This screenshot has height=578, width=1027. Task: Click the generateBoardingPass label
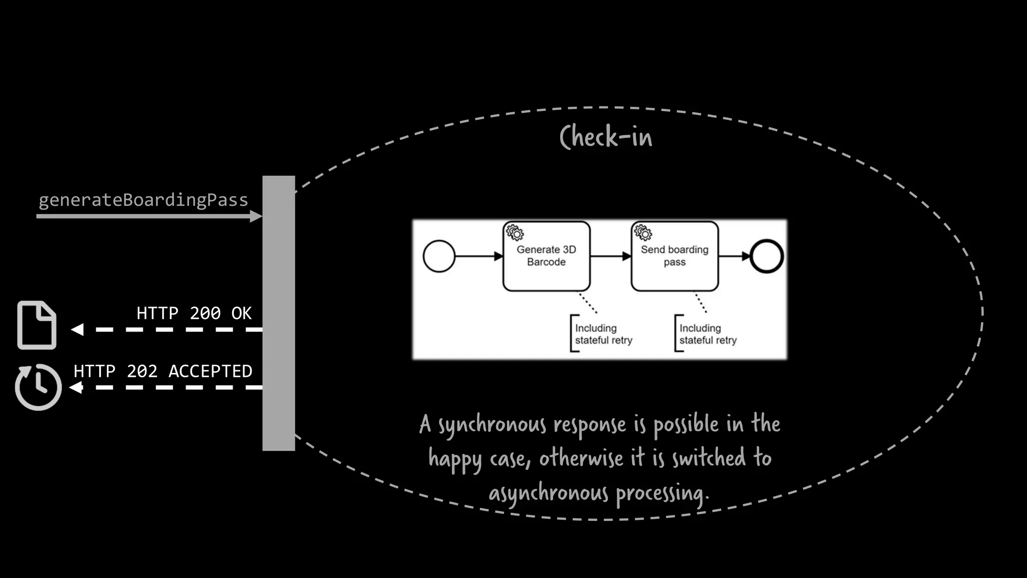coord(143,200)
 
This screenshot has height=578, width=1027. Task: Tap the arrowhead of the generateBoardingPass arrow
coord(256,216)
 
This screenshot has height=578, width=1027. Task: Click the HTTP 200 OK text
coord(194,313)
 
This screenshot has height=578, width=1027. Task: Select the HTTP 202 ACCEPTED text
coord(163,371)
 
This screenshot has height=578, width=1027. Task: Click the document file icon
coord(37,325)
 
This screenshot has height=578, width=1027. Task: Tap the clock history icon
coord(38,387)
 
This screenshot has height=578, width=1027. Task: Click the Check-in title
coord(606,137)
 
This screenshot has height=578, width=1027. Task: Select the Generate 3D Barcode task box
coord(546,256)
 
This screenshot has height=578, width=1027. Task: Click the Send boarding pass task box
coord(674,256)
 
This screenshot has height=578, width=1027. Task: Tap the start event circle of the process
coord(439,256)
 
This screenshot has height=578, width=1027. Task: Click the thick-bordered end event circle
coord(766,256)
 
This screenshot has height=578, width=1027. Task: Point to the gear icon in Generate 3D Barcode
coord(515,233)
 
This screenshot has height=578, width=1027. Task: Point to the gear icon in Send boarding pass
coord(643,233)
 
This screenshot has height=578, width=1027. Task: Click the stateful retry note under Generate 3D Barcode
coord(603,334)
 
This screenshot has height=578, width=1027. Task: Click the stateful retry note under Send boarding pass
coord(707,334)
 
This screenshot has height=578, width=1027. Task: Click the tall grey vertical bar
coord(279,313)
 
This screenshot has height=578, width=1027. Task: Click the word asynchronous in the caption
coord(549,493)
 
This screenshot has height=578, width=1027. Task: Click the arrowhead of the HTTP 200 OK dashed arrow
coord(77,330)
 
